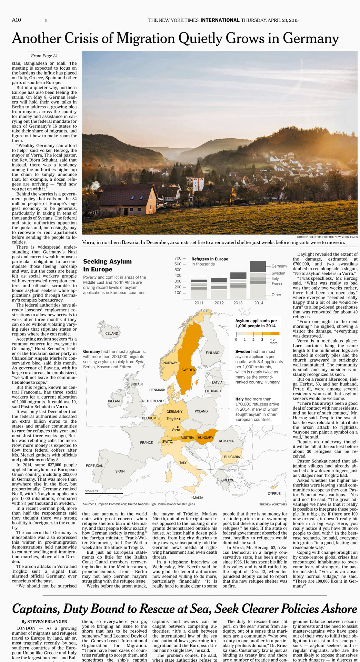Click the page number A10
(x=16, y=20)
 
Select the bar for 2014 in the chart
(x=258, y=280)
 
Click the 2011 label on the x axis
(x=199, y=303)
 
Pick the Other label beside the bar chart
(x=276, y=295)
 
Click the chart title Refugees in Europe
(x=210, y=259)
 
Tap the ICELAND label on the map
(x=111, y=333)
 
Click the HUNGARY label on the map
(x=206, y=438)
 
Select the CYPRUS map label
(x=274, y=493)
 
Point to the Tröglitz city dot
(x=180, y=419)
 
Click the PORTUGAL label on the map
(x=94, y=465)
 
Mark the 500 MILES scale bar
(x=104, y=493)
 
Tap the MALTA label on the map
(x=198, y=498)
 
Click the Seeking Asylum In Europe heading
(x=107, y=265)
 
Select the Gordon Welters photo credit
(x=327, y=237)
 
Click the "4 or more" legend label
(x=273, y=341)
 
